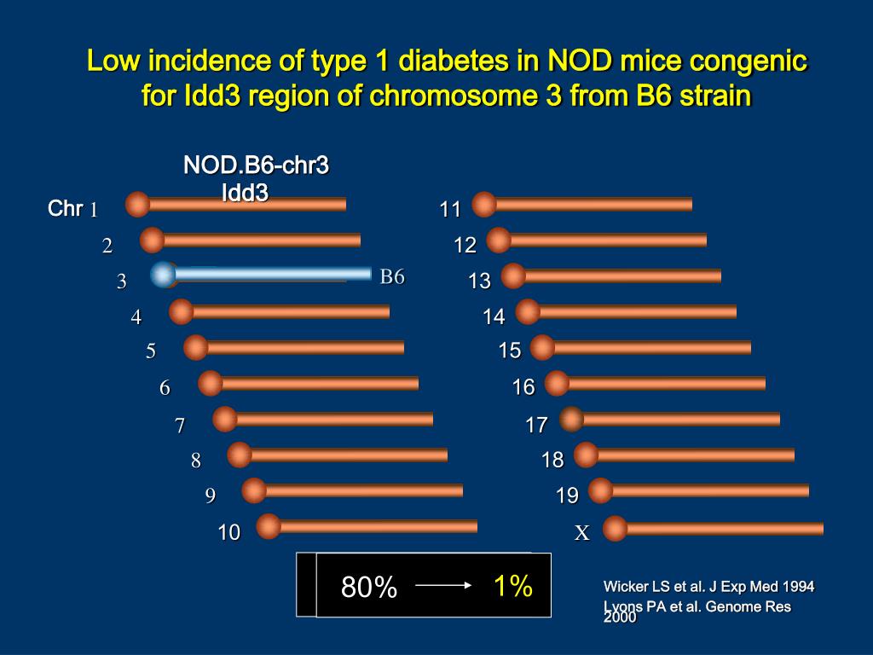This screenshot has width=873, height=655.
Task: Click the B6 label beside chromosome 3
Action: (392, 276)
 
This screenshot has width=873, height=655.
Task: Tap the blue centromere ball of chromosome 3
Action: (163, 275)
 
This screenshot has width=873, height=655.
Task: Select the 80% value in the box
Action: (369, 587)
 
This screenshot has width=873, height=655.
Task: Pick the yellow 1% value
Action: (513, 586)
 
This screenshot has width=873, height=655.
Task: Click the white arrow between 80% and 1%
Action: (443, 585)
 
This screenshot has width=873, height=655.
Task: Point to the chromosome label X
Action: (582, 533)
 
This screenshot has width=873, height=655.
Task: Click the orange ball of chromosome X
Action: (615, 529)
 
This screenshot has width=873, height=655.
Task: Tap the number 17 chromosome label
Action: (536, 425)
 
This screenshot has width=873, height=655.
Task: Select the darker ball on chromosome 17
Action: (572, 419)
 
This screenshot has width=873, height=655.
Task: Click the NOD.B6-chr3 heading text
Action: (256, 165)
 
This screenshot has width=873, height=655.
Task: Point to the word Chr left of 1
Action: (65, 209)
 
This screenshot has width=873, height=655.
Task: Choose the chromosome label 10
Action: (228, 533)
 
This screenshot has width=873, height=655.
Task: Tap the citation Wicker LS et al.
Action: (708, 586)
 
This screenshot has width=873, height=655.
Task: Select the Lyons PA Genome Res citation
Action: (697, 607)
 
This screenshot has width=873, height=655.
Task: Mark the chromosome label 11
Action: (450, 210)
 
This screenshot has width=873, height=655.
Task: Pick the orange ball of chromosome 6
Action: (211, 383)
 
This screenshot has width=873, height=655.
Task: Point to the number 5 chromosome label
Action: (151, 351)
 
